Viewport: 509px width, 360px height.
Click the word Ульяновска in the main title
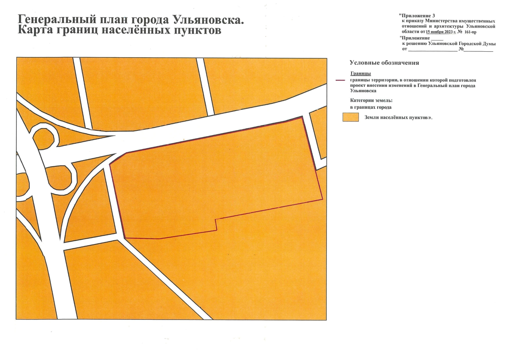208,20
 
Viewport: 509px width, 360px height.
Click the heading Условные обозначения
384,63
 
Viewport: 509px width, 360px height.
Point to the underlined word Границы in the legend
361,73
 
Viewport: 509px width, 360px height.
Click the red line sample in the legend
340,80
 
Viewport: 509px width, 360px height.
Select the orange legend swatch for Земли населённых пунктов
350,117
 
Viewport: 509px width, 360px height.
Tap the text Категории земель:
371,100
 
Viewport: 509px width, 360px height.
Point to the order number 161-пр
470,32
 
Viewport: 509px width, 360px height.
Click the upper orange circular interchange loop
43,137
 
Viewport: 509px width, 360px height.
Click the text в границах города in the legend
371,107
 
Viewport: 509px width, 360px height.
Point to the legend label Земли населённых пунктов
398,117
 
